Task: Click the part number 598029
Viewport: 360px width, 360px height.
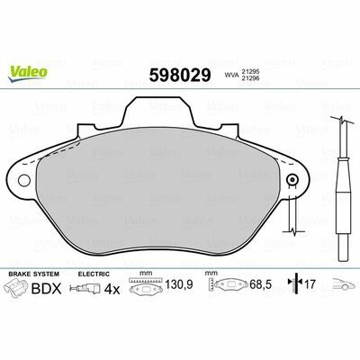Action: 180,75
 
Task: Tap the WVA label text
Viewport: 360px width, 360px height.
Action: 231,76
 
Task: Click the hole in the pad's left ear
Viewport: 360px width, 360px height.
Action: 24,180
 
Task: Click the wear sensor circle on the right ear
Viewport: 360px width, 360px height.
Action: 292,179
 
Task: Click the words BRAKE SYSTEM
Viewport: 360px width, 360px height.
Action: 34,274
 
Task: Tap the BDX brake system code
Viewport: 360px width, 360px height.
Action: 47,289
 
